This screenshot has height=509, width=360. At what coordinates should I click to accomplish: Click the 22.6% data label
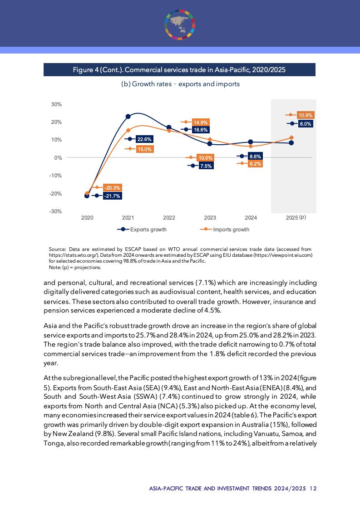pos(144,139)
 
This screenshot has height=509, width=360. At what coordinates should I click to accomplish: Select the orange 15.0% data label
pos(144,149)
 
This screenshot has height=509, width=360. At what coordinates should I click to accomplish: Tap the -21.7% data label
pos(112,196)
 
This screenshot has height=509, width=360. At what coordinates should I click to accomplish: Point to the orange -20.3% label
pos(112,187)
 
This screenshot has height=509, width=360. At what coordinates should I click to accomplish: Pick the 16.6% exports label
pos(201,130)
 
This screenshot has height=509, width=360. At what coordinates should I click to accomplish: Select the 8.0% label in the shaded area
pos(306,124)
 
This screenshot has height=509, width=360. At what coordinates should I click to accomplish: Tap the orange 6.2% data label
pos(255,164)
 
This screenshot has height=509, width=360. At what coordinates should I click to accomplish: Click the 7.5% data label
pos(206,166)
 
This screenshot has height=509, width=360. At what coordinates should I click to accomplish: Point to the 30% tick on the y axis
pos(56,104)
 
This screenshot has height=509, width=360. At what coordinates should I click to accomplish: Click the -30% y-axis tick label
pos(56,211)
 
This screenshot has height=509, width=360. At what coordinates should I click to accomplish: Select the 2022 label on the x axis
pos(169,218)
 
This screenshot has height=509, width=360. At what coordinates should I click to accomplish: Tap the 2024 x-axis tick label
pos(251,218)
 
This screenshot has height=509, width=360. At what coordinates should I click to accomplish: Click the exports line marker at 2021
pos(128,117)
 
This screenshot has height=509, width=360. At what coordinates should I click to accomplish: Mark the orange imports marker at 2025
pos(291,137)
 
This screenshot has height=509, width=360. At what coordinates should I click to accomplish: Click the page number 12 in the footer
pos(313,488)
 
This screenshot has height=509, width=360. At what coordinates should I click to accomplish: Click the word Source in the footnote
pos(57,249)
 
